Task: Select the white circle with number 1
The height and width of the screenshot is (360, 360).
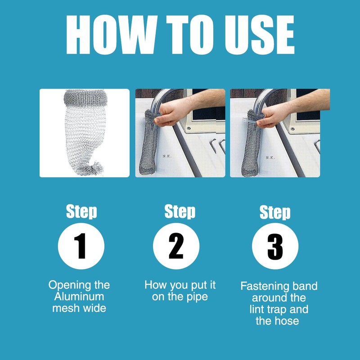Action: [81, 246]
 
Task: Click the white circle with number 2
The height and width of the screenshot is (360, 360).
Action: [176, 246]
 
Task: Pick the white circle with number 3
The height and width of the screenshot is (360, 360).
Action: [275, 246]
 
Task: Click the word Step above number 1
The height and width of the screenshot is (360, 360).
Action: [81, 211]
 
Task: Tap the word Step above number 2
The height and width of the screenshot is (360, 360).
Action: [180, 211]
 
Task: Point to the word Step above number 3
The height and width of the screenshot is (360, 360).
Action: [275, 212]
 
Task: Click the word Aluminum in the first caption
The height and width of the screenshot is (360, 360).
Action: [79, 297]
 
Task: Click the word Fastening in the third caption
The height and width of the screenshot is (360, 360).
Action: [263, 286]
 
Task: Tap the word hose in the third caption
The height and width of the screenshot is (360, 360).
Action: [286, 321]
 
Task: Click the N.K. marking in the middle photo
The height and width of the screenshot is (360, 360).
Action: [167, 156]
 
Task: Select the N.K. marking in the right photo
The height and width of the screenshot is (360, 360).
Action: [270, 157]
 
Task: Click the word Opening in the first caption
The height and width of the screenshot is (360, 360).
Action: [66, 285]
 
